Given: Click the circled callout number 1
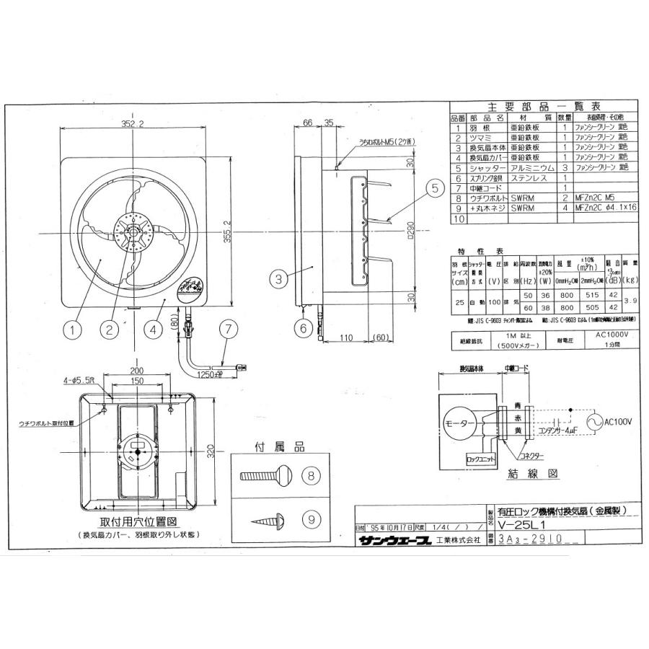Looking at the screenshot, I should click(72, 330).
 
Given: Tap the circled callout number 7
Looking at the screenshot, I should click(226, 330).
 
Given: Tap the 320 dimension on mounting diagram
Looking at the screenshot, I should click(211, 451).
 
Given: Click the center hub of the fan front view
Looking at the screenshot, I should click(134, 231).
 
